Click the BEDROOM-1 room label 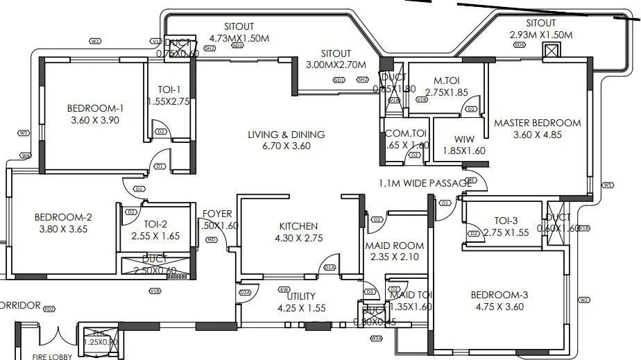(95, 108)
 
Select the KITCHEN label (298, 226)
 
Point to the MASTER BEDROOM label (537, 123)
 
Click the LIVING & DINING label (287, 135)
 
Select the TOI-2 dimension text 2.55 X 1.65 (156, 236)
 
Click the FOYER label (217, 214)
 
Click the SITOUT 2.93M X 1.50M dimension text (540, 35)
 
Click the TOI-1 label (167, 89)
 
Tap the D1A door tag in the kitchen (329, 268)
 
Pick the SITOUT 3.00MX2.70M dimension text (336, 65)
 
